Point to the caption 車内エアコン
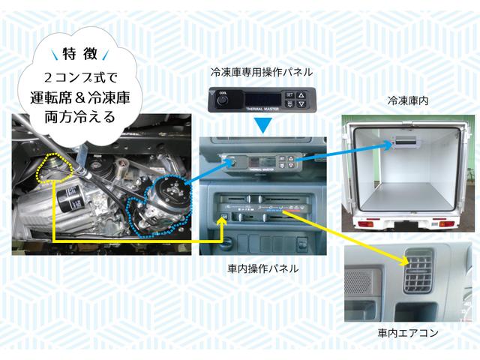[x=407, y=331]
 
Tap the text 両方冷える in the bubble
[x=79, y=118]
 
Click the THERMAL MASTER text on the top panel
[x=258, y=109]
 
